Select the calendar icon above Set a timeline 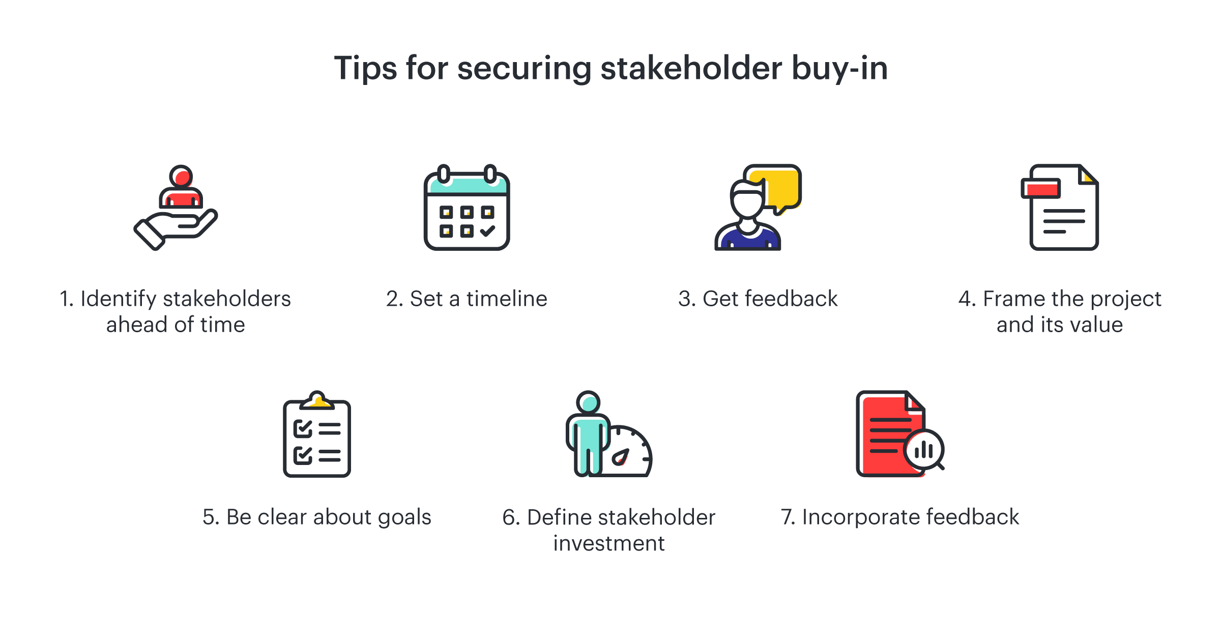[x=467, y=208]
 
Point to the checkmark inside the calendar [x=487, y=231]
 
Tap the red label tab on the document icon [x=1041, y=189]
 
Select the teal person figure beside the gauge [x=588, y=433]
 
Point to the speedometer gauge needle [x=621, y=457]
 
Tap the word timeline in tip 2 [x=507, y=299]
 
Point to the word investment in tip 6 [x=609, y=543]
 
